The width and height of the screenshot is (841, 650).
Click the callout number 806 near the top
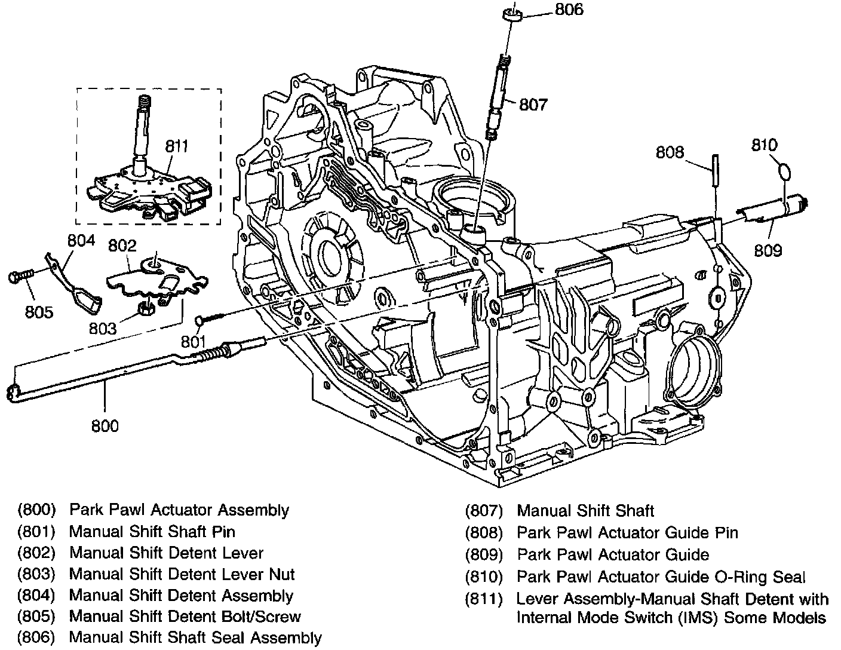tap(569, 10)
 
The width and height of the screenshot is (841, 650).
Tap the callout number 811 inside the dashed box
tap(177, 146)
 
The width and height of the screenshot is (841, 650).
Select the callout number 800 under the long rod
tap(105, 425)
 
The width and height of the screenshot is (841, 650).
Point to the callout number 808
tap(670, 152)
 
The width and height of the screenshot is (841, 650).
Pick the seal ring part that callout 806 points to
tap(512, 14)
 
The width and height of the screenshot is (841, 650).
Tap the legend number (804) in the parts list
tap(36, 596)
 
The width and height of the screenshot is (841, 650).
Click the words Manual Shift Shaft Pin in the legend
tap(152, 531)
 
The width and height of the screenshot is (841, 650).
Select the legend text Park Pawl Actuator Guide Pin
tap(627, 532)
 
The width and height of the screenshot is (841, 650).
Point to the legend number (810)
tap(484, 577)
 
